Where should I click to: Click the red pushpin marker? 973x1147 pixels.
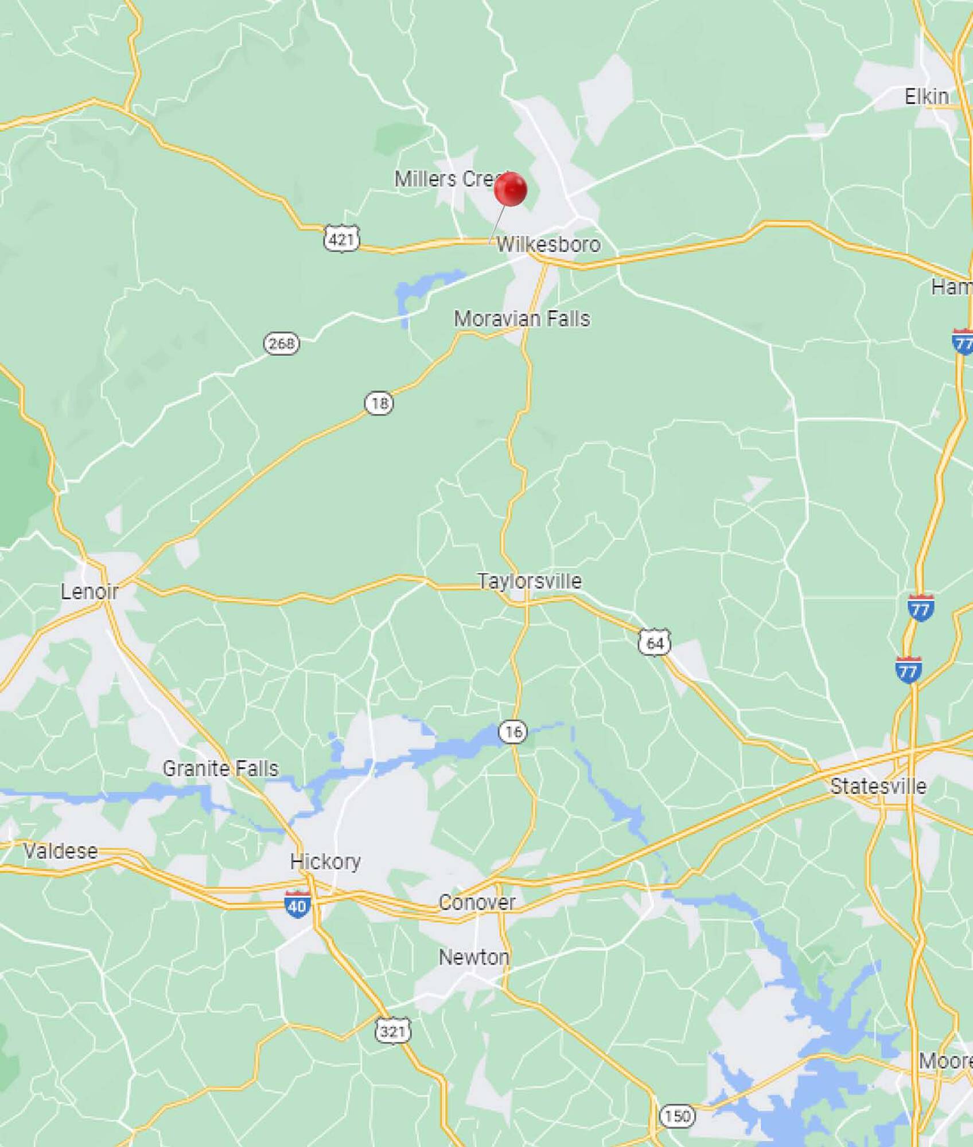[x=510, y=189]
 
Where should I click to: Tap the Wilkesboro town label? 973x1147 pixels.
[x=548, y=245]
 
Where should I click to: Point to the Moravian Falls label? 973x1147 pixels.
[x=521, y=319]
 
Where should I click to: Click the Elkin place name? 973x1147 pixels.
[x=927, y=96]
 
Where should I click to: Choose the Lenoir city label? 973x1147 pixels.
[x=89, y=591]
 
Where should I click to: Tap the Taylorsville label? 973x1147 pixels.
[x=530, y=581]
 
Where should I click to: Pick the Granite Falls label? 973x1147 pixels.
[x=220, y=768]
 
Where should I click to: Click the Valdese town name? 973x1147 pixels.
[x=60, y=851]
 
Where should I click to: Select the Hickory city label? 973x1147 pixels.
[x=325, y=861]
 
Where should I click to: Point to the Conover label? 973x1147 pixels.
[x=477, y=902]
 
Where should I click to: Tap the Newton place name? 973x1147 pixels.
[x=474, y=957]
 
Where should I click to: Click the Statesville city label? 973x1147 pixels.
[x=878, y=786]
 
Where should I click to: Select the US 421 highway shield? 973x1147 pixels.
[x=342, y=238]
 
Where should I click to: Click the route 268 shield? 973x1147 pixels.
[x=281, y=344]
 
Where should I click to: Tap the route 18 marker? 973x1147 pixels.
[x=379, y=404]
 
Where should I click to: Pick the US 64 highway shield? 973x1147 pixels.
[x=655, y=642]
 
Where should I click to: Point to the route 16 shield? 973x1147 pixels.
[x=512, y=731]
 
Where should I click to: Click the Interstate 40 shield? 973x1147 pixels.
[x=297, y=906]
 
